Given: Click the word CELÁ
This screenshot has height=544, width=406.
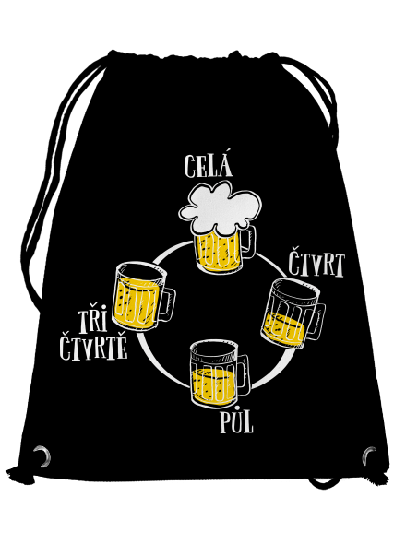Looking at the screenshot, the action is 209,166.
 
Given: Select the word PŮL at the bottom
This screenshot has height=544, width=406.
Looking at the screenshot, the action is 237,422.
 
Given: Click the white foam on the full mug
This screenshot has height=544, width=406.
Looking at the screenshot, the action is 221,211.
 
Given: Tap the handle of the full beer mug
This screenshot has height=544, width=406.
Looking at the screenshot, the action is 248,242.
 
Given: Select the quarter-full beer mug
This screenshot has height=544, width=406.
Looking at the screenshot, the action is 293,313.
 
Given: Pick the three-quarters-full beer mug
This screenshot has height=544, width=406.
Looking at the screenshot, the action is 143,297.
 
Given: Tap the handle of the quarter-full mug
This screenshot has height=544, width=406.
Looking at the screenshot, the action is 316,322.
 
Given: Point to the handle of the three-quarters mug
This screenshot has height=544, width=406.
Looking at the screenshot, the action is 167,304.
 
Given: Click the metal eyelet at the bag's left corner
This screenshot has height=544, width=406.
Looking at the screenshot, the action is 42,455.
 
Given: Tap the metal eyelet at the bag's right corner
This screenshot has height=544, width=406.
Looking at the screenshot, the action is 369,455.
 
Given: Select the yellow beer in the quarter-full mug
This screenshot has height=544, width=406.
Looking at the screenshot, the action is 284,329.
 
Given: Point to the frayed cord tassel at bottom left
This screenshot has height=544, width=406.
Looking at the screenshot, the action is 18,474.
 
